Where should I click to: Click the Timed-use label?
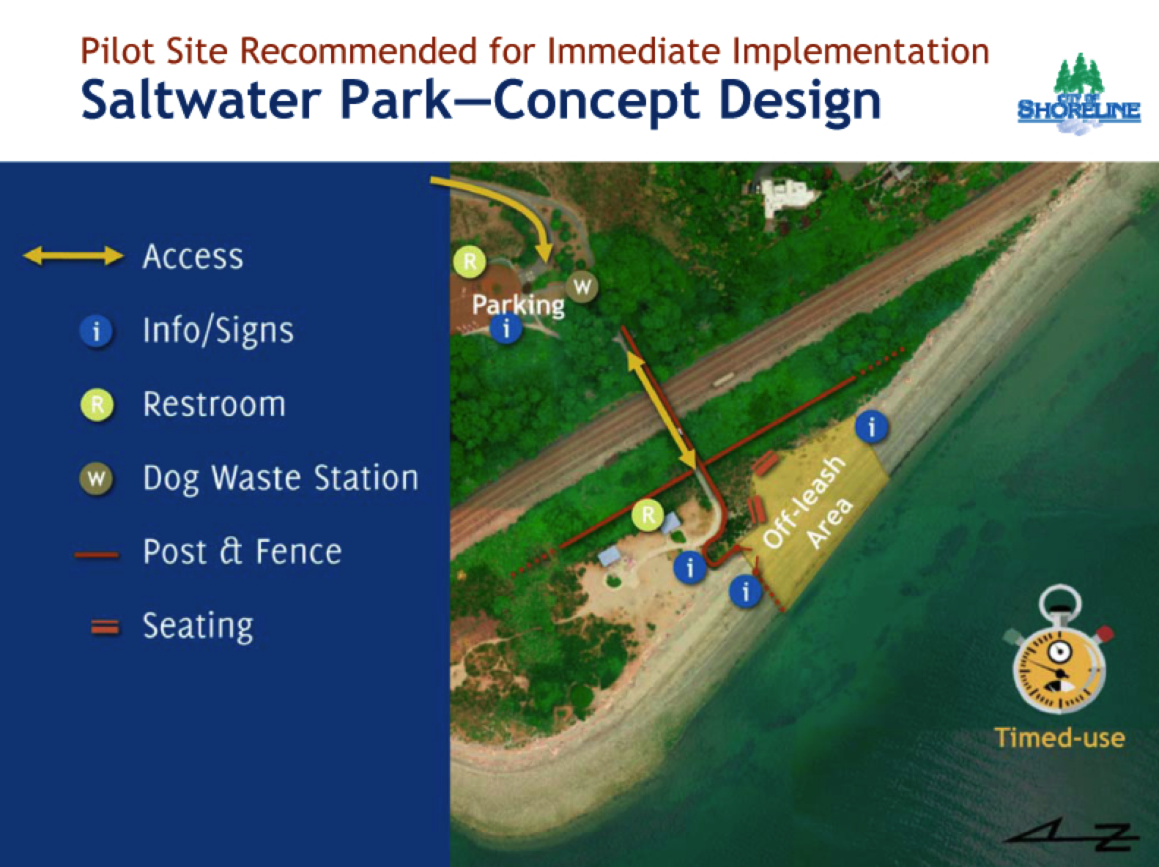1059,737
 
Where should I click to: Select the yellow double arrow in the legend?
73,256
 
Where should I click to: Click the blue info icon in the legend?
96,332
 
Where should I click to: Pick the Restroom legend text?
214,404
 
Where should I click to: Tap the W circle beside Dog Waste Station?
96,479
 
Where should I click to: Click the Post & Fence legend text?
242,551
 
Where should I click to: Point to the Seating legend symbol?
104,627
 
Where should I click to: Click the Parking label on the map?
518,304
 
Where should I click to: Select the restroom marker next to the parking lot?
470,261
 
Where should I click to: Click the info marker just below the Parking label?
506,328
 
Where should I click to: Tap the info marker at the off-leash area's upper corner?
871,425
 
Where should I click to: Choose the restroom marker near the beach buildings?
648,515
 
